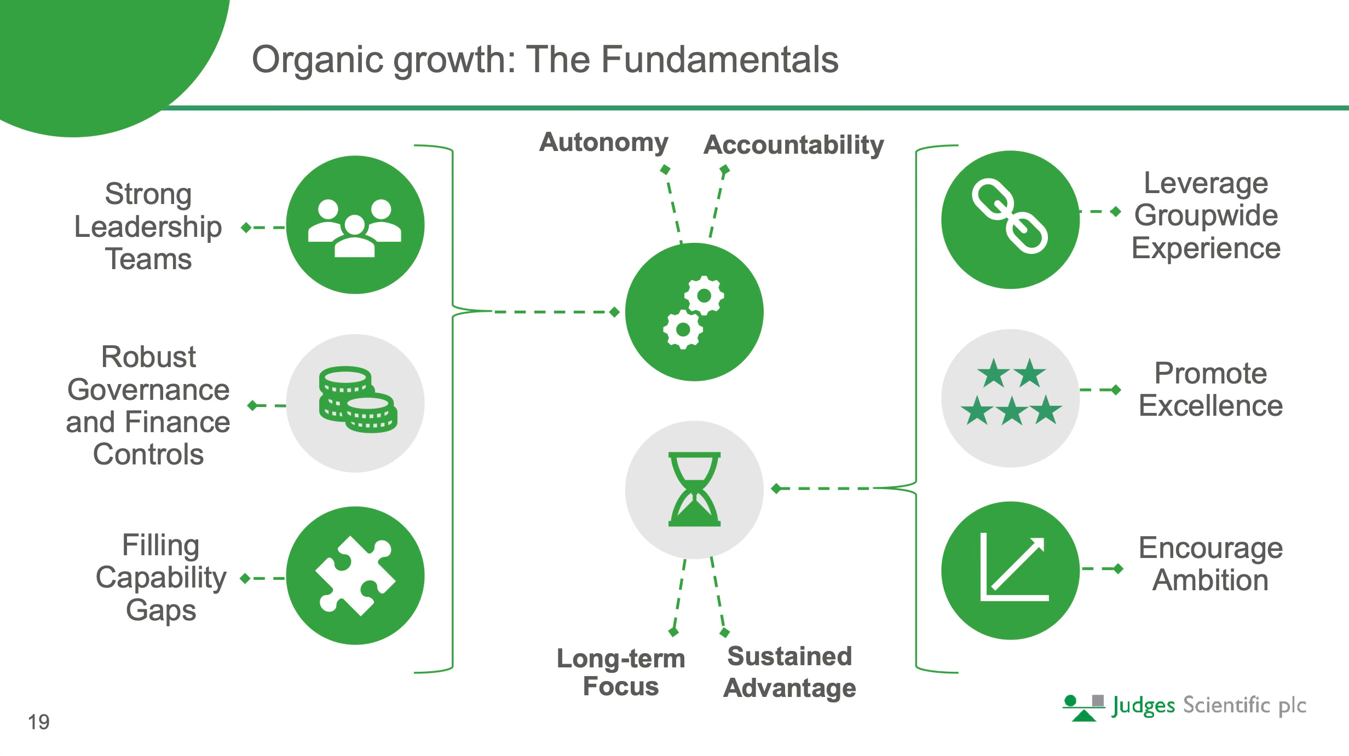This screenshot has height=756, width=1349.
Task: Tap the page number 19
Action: coord(38,722)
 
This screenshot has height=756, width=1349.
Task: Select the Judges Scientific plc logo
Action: coord(1184,706)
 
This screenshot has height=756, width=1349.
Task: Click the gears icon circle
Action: coord(694,312)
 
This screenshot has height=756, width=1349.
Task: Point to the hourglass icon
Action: coord(694,489)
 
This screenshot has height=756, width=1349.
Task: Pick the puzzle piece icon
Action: coord(355,575)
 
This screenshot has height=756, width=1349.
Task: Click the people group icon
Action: coord(355,226)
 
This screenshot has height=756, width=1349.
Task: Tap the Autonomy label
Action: coord(603,142)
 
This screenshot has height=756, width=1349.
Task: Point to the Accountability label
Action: coord(793,145)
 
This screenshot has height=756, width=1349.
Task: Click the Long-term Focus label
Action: coord(621,672)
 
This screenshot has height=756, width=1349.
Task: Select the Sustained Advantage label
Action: coord(789,672)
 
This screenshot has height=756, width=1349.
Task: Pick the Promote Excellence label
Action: coord(1210,389)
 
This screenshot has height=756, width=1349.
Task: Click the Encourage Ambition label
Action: coord(1210,563)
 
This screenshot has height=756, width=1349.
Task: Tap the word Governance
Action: coord(148,389)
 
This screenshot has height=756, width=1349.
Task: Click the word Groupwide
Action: coord(1206,215)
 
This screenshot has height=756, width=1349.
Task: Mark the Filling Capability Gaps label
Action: coord(160,577)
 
